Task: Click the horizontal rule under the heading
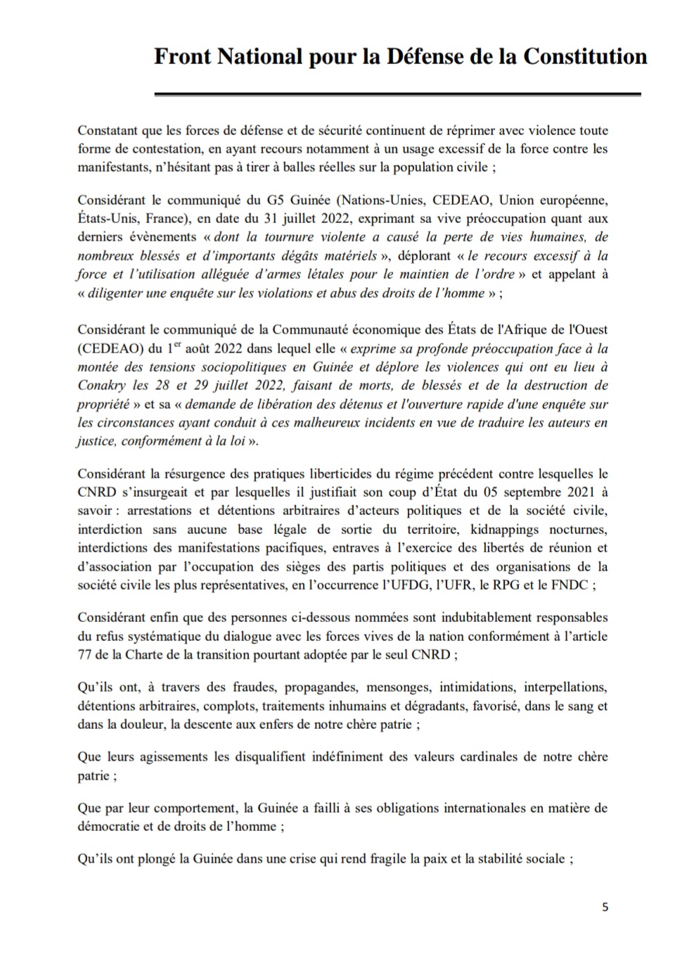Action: click(397, 94)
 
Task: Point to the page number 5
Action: click(605, 907)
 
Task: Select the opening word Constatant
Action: click(109, 130)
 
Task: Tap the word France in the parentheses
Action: click(176, 219)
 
